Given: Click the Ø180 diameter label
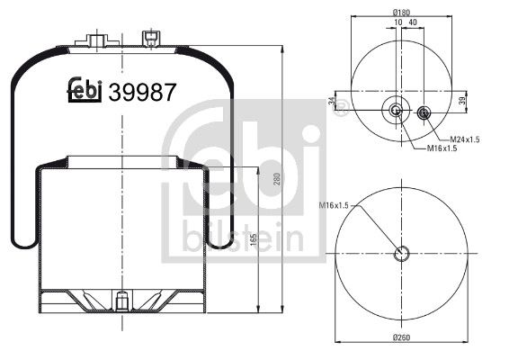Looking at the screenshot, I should point(402,12).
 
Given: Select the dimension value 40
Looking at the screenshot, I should point(412,23).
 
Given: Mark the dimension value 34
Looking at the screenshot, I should point(334,102).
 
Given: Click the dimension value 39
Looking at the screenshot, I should point(462,100).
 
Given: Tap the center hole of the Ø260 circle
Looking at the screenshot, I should point(402,254).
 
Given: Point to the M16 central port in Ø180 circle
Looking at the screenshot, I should point(397,111).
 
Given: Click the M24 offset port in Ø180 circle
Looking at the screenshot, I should point(424,112).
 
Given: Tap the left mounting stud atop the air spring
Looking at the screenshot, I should point(97,40).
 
